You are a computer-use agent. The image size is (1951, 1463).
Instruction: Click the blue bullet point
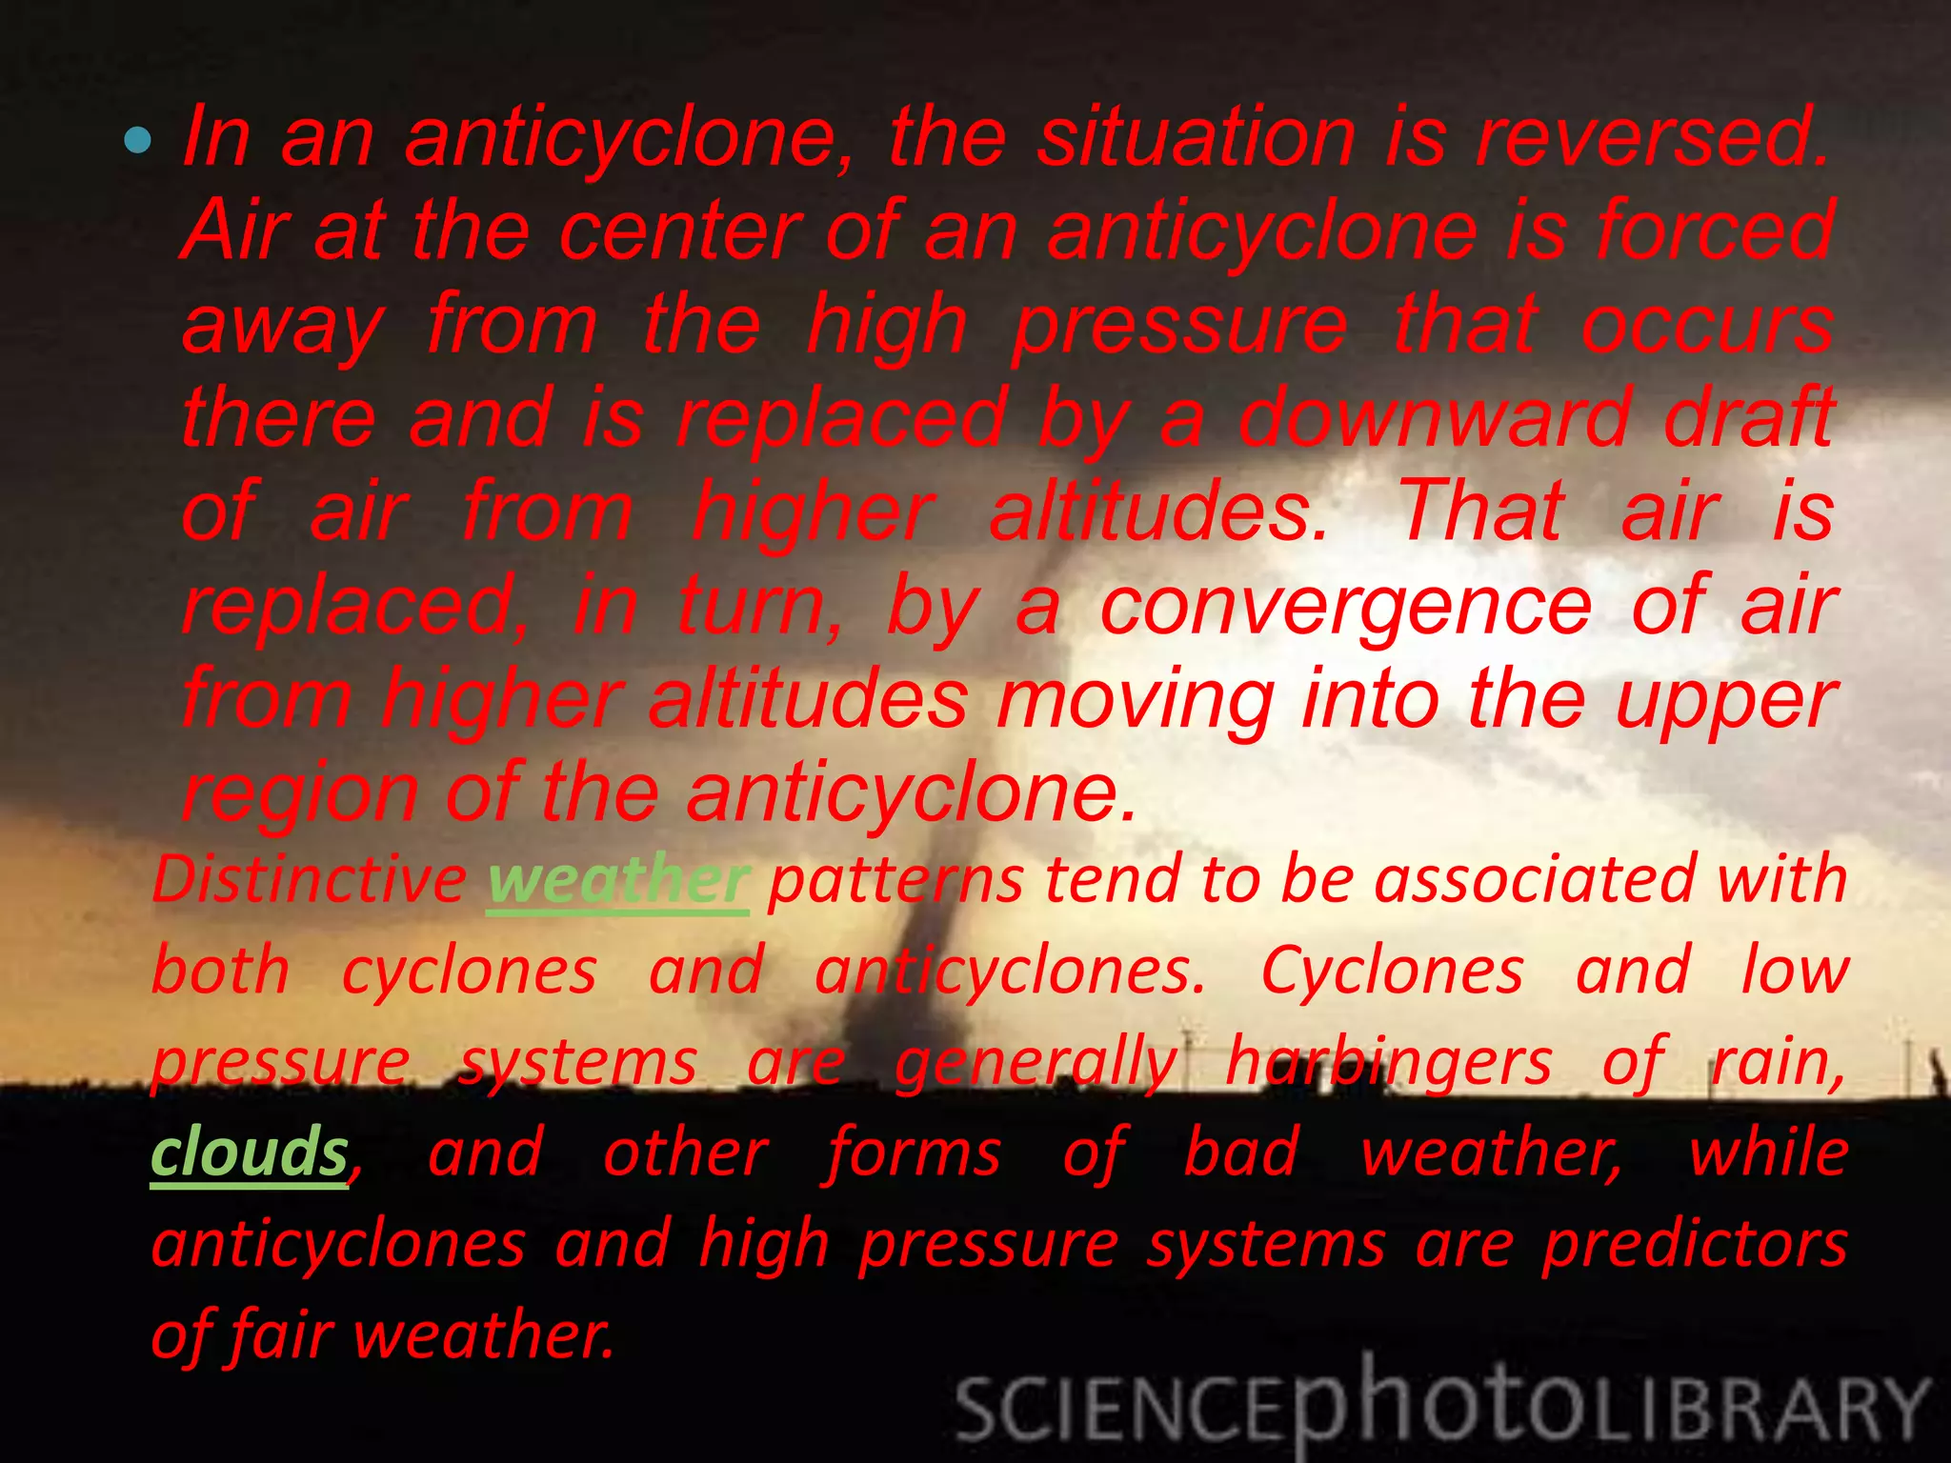138,141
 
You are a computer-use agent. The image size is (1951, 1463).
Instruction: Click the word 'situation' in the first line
1197,139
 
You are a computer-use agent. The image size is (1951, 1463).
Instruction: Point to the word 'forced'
1715,231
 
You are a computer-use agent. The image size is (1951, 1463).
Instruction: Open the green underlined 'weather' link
618,880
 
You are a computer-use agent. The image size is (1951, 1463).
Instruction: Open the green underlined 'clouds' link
250,1153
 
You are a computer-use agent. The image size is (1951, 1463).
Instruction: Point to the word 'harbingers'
1389,1063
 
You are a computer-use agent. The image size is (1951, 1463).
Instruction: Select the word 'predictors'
1695,1245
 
